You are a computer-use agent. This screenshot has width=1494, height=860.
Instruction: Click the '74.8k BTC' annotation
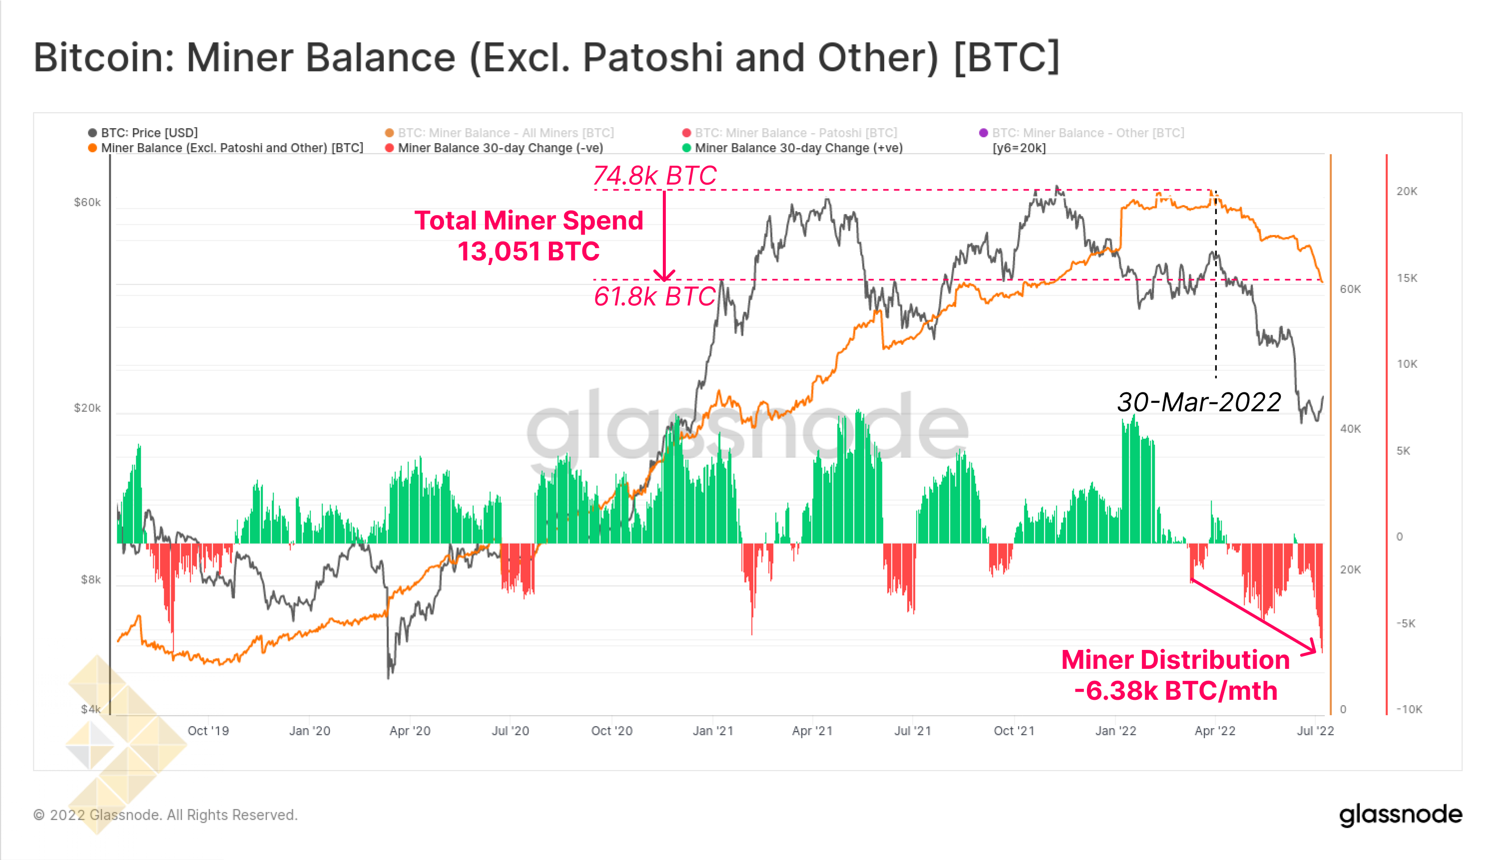654,175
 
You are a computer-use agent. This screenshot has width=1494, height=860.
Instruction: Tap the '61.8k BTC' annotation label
654,296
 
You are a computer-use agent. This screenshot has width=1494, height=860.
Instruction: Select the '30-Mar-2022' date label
1198,402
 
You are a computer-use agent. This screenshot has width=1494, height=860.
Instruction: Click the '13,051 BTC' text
528,252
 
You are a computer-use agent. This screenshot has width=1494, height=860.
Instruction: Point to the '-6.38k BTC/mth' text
1175,690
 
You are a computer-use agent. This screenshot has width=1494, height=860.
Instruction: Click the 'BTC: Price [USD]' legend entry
149,132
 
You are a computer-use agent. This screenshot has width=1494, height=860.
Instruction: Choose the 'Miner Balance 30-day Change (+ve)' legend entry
798,148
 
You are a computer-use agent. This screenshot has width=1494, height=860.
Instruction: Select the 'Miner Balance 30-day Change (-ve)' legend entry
500,148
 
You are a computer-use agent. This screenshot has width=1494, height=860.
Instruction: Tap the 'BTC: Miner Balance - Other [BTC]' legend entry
1087,132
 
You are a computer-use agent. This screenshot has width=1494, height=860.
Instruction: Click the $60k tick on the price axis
87,203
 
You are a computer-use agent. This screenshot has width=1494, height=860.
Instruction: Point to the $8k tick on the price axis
90,579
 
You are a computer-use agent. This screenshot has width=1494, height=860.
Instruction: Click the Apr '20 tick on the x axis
410,731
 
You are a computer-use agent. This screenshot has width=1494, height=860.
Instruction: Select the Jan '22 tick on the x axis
1115,731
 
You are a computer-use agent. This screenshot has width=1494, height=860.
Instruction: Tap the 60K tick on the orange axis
1350,289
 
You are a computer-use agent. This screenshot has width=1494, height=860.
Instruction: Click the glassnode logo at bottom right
1400,815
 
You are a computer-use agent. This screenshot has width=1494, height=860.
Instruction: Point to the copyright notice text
165,815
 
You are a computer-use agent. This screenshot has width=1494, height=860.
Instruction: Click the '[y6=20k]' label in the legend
1019,148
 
